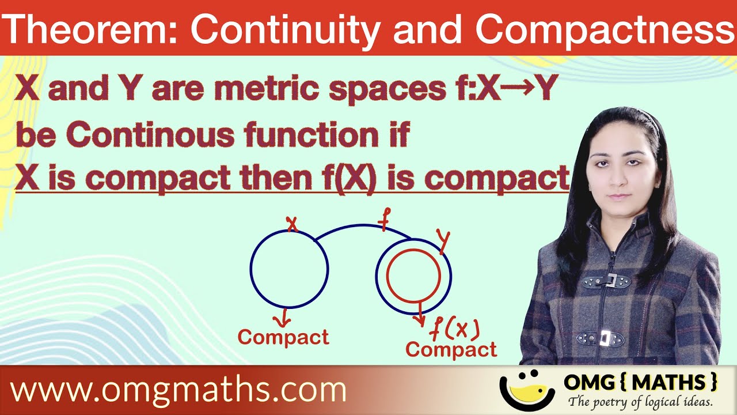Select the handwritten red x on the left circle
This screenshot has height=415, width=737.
click(x=292, y=224)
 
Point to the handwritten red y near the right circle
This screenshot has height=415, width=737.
click(x=442, y=240)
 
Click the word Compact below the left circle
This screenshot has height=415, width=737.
click(x=283, y=337)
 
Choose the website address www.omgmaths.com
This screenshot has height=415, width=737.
click(x=178, y=390)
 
